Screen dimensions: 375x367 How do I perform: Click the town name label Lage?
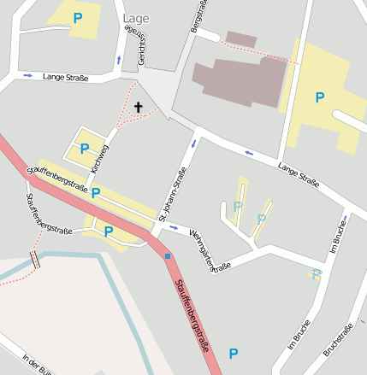tap(135, 18)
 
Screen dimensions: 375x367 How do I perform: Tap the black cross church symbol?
tap(139, 107)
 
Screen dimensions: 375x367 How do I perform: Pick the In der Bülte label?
tap(39, 365)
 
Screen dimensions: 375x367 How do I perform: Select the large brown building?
tap(239, 82)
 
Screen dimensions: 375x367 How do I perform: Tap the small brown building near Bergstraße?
tap(241, 39)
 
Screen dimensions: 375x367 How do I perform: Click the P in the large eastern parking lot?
tap(320, 97)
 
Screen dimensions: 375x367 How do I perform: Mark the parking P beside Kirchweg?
tap(85, 149)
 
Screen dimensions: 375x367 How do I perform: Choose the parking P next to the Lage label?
tap(78, 17)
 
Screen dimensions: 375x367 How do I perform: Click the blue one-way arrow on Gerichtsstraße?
tap(118, 60)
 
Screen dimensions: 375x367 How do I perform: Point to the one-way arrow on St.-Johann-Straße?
tap(192, 142)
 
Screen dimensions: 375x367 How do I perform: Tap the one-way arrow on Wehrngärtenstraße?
tap(174, 227)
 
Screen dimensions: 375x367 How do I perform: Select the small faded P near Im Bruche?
tap(316, 274)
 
